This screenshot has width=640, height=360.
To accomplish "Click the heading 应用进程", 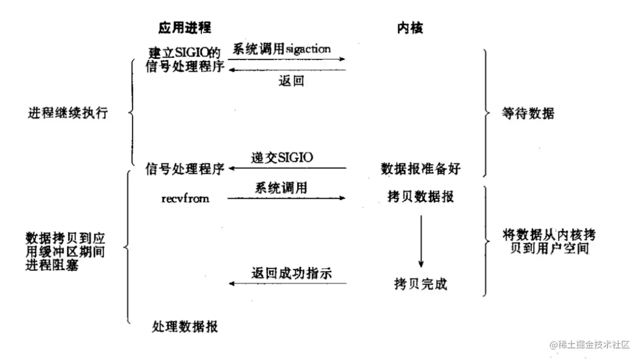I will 184,28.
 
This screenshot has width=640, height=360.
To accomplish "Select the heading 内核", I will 410,28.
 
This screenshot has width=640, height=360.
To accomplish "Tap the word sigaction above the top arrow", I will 307,49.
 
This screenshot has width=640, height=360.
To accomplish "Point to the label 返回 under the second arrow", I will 291,80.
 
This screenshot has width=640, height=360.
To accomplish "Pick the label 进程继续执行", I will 67,112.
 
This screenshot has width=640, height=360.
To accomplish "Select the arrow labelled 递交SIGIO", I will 287,169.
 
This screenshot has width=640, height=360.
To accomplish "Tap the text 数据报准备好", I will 420,169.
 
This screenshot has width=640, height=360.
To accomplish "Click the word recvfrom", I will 185,198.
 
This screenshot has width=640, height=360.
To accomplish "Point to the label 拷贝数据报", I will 420,196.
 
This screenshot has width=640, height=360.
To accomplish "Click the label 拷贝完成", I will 420,284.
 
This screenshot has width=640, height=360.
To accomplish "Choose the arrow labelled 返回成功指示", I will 287,284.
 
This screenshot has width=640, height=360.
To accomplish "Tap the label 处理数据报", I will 184,327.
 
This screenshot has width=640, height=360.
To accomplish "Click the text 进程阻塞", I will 52,265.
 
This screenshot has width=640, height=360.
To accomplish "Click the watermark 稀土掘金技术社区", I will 590,344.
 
